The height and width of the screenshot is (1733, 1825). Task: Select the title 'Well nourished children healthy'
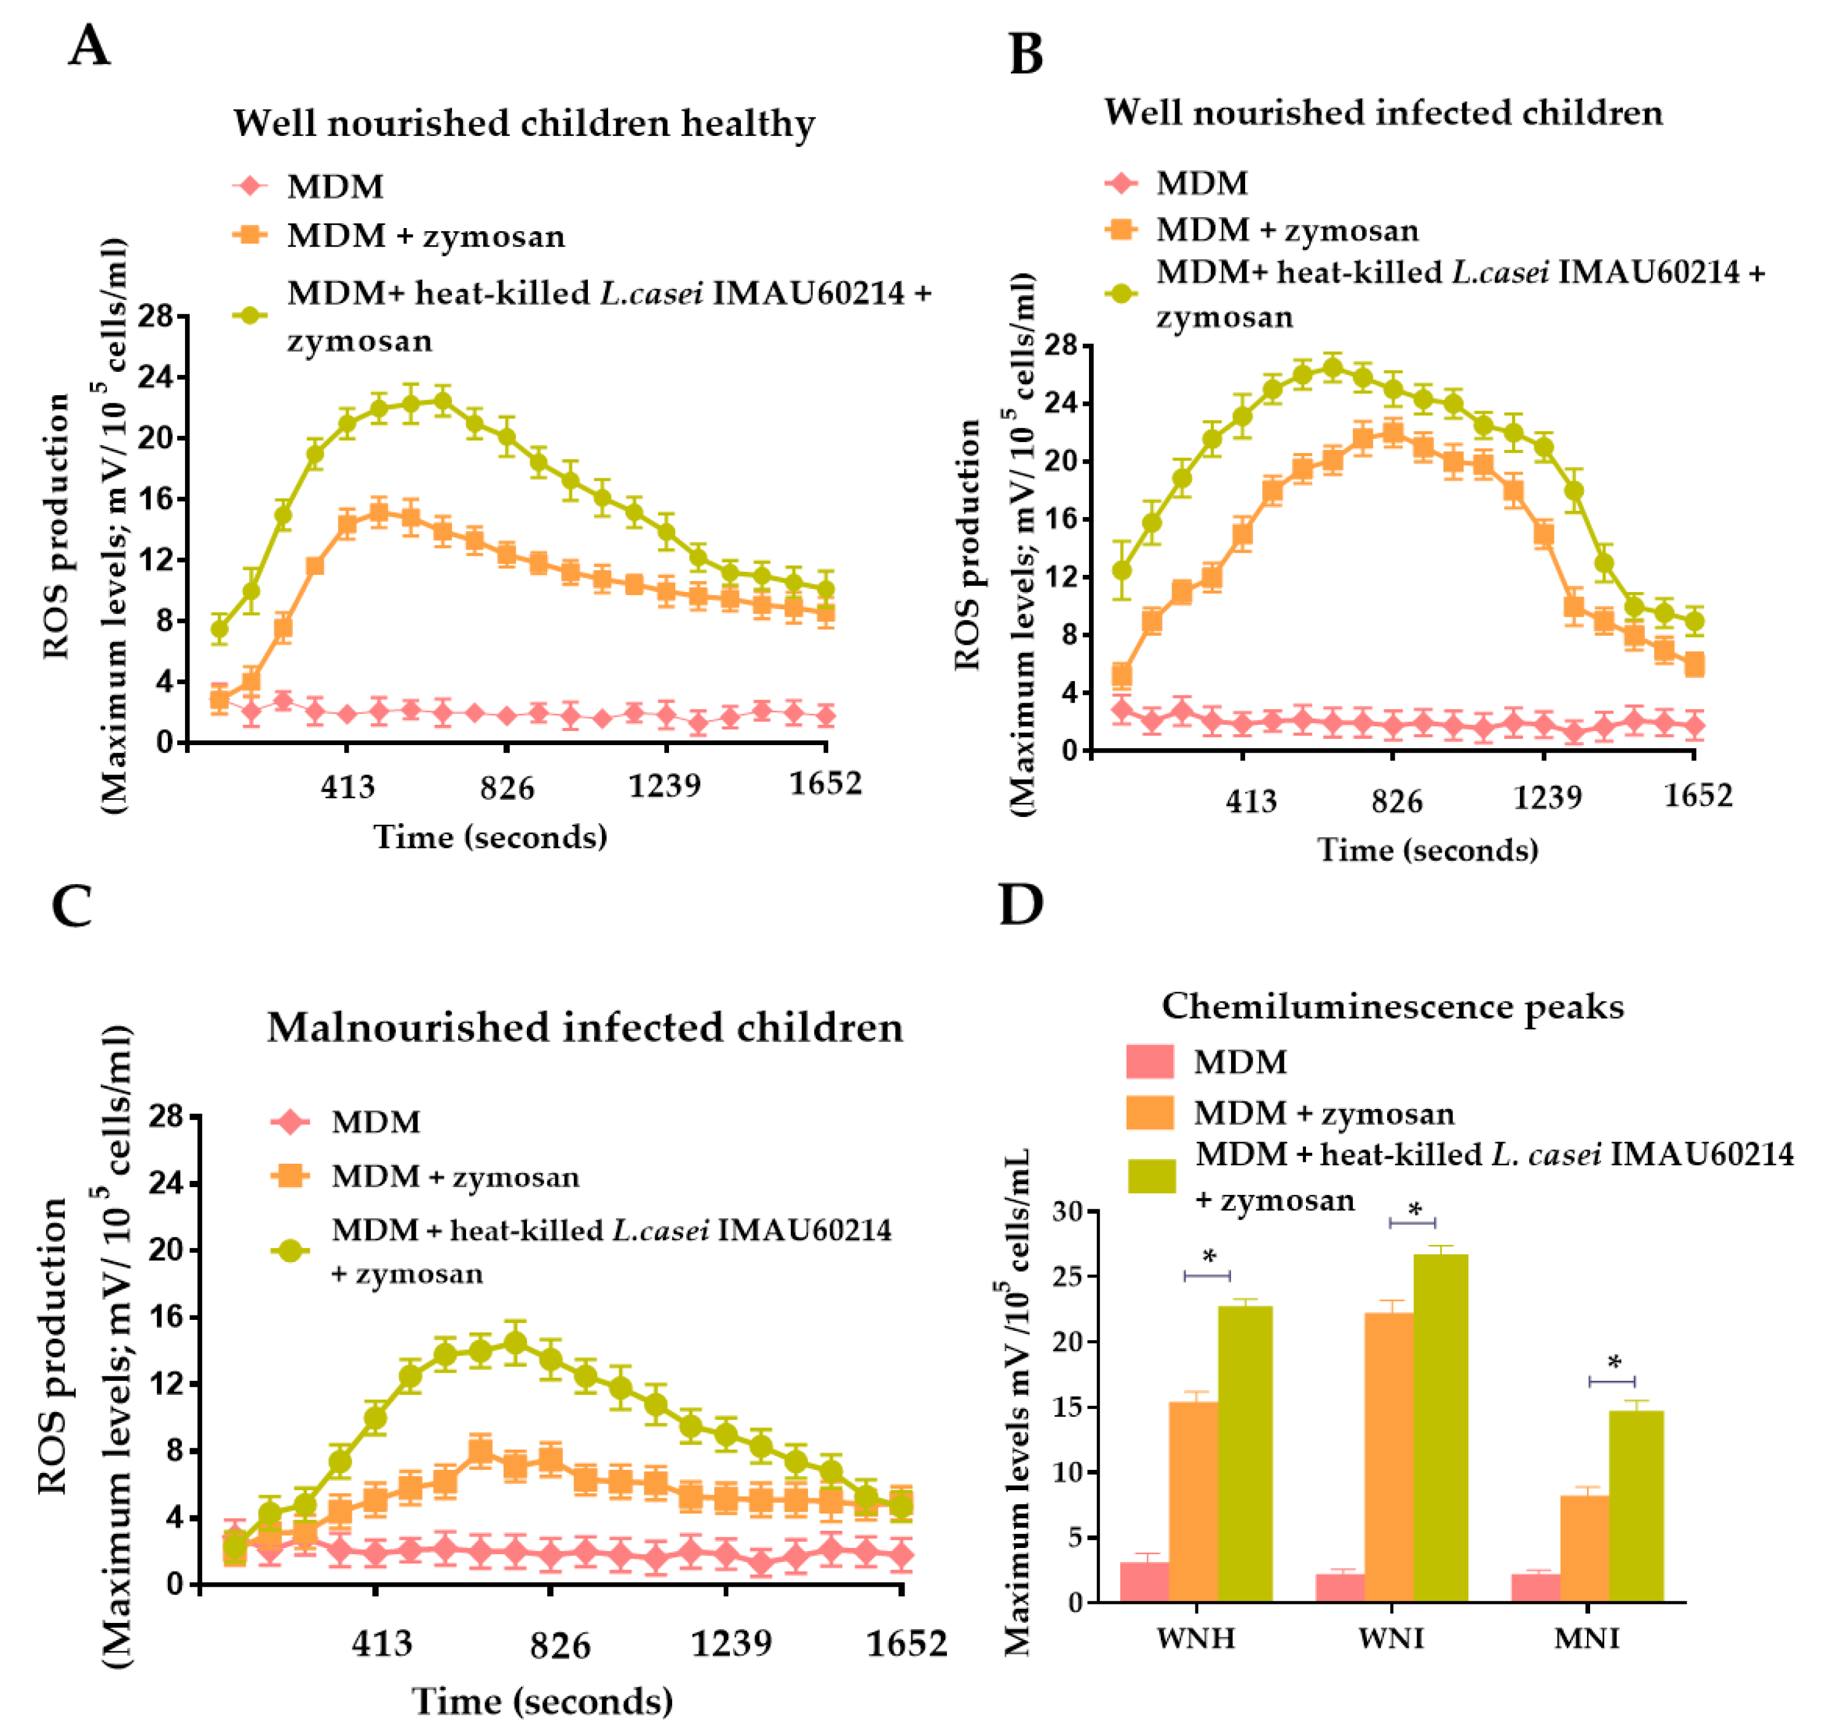point(524,123)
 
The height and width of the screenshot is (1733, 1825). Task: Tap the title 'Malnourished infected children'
point(585,1027)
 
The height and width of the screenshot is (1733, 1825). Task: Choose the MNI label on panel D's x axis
point(1586,1638)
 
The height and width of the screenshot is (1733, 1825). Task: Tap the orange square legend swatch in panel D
point(1149,1112)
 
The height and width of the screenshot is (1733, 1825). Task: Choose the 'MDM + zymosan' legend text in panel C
point(456,1177)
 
